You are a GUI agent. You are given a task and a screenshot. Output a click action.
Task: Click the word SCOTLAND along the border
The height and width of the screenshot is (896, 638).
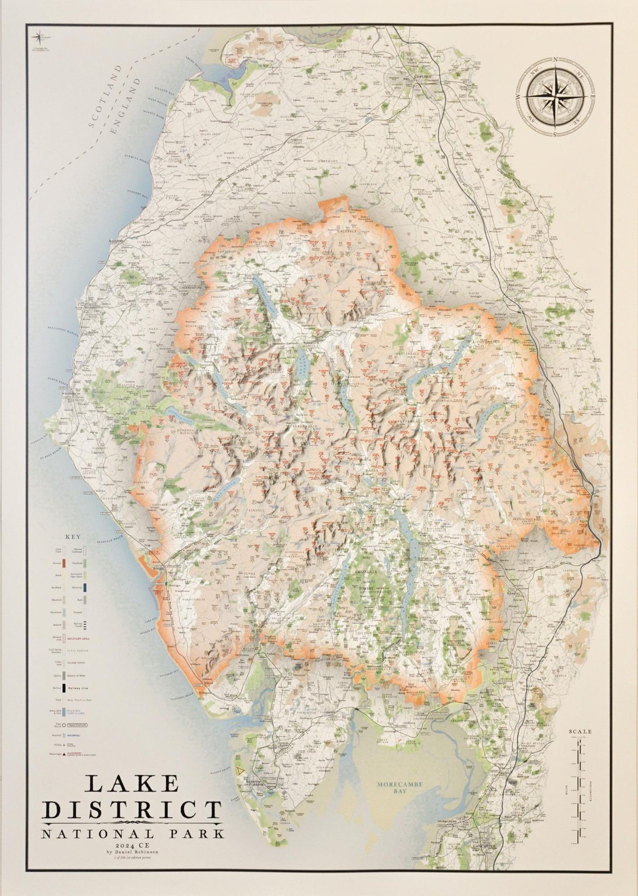click(x=105, y=101)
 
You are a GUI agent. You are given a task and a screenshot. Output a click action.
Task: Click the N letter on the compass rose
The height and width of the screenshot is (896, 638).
click(x=555, y=60)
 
